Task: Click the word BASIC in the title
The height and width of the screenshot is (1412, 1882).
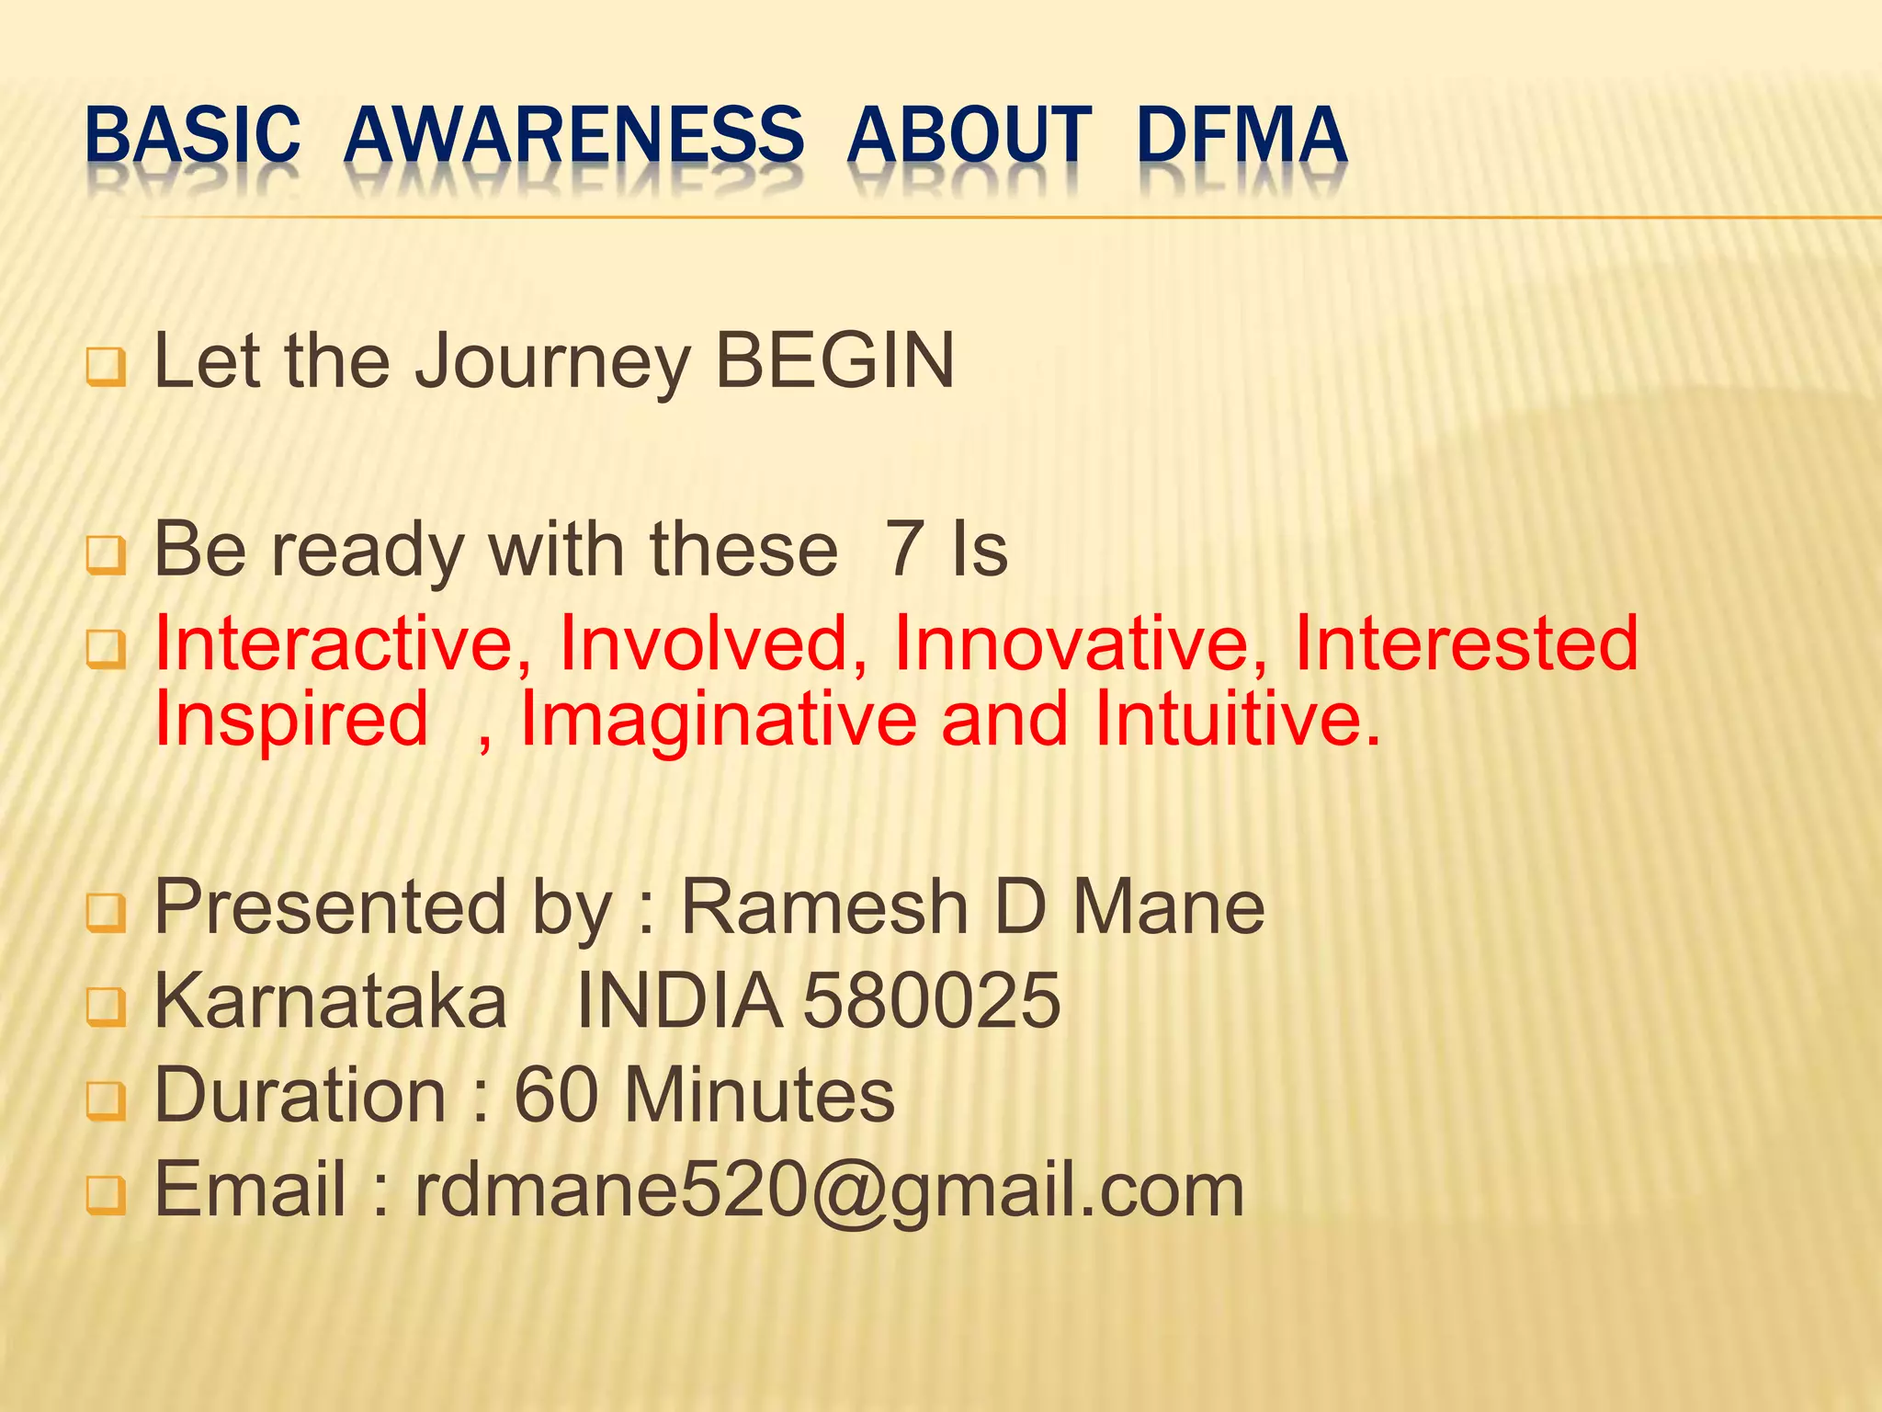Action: (192, 135)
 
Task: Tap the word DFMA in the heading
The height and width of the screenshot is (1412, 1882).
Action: (1241, 135)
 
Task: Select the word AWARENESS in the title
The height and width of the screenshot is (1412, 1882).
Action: (574, 135)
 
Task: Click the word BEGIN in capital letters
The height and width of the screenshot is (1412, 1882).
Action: (834, 361)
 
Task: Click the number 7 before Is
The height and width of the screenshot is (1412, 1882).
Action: (904, 550)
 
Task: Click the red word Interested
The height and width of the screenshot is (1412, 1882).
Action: (1466, 643)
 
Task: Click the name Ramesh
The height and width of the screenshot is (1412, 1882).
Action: (824, 908)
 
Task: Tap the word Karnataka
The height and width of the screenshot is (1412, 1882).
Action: (331, 1001)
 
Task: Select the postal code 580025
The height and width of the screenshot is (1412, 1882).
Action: (932, 1001)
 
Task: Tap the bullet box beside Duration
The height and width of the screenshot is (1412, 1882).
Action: (106, 1101)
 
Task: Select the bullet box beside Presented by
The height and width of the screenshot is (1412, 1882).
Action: (106, 914)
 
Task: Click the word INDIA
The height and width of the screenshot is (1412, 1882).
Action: (679, 1001)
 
